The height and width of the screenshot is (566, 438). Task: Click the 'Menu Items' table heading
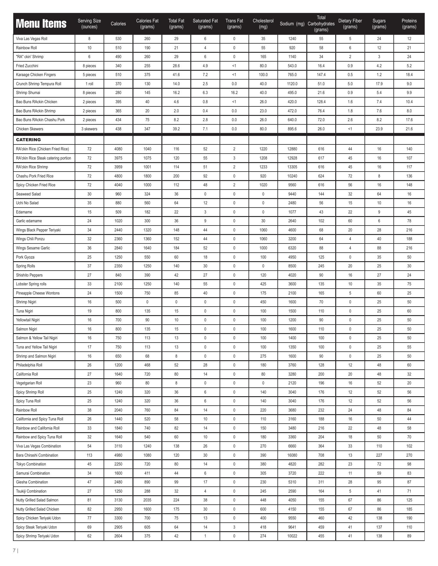pos(41,24)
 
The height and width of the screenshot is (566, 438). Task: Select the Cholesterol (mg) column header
pos(263,24)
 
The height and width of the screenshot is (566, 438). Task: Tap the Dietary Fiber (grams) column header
pos(350,24)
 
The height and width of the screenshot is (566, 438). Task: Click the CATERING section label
pos(28,140)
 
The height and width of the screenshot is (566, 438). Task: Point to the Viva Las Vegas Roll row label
pos(32,39)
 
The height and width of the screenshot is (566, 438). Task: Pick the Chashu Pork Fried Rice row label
pos(35,176)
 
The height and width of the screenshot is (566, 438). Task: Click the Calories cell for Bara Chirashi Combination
pos(118,455)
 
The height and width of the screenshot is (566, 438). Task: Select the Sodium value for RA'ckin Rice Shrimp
pos(292,167)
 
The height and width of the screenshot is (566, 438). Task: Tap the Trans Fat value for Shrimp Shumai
pos(234,93)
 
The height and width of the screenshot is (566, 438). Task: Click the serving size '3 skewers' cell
pos(89,129)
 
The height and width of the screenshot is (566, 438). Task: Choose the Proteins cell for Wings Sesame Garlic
pos(409,248)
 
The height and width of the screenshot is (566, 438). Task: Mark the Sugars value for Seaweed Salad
pos(379,194)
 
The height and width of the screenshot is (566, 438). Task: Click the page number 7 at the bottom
pos(14,550)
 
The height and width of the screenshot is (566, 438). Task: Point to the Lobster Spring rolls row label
pos(31,284)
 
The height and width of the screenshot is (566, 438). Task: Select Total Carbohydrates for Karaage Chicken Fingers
pos(321,75)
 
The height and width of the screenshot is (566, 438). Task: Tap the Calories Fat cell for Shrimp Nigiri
pos(147,302)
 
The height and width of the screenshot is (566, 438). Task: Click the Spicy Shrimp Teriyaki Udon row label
pos(37,536)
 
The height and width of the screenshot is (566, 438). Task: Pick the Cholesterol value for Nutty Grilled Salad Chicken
pos(263,509)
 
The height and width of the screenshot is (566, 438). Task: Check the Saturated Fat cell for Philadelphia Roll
pos(205,365)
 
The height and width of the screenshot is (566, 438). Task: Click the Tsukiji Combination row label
pos(31,491)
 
